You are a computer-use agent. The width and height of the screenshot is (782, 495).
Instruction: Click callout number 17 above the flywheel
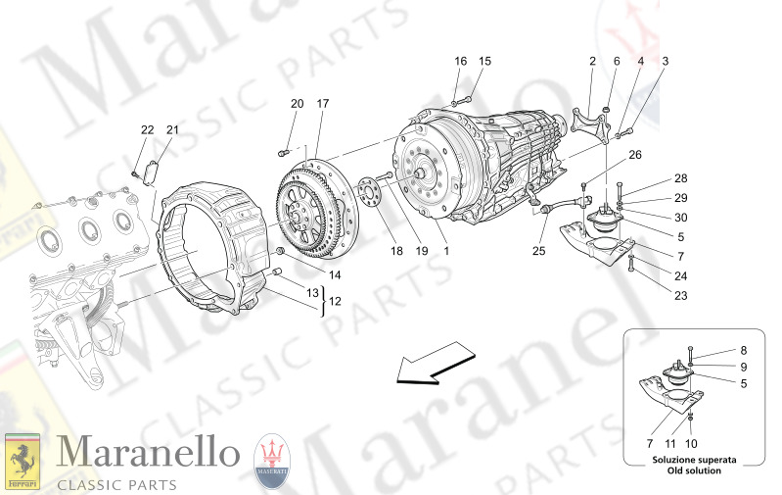(x=322, y=104)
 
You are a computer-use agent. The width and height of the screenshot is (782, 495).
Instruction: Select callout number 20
(x=297, y=104)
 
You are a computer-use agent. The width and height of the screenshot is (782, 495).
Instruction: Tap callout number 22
(x=147, y=130)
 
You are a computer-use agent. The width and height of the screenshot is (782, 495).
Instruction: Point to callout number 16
(x=460, y=61)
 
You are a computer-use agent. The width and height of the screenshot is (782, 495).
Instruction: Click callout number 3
(x=665, y=61)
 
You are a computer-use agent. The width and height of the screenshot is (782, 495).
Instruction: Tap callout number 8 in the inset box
(x=742, y=351)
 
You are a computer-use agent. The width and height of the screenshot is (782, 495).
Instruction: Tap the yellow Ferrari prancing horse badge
(x=22, y=460)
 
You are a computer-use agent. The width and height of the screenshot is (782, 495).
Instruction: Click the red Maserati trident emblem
(x=272, y=460)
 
